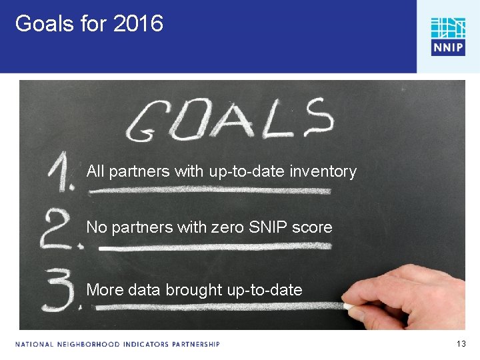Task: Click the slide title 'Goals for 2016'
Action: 89,24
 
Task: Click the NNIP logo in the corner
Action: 447,36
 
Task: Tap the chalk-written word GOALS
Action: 230,120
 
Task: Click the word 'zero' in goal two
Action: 227,227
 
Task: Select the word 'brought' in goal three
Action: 194,290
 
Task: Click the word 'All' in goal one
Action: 95,171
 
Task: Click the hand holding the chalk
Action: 413,300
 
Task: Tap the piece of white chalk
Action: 349,306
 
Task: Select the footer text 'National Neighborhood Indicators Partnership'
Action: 117,345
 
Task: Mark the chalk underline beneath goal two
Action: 213,247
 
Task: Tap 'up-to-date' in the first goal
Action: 245,172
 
